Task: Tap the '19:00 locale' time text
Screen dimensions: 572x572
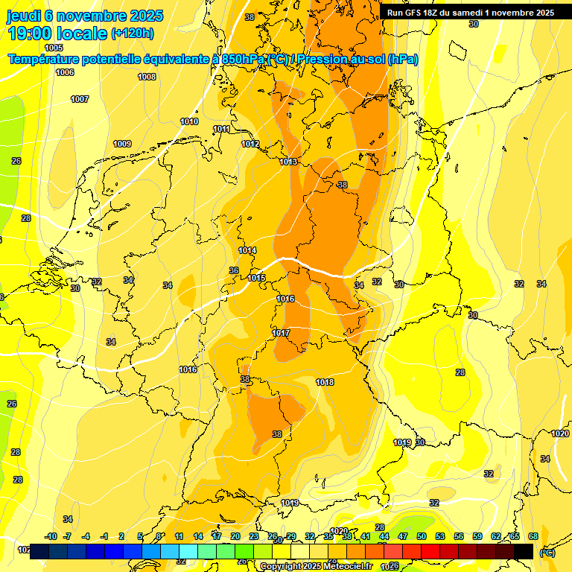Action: click(57, 34)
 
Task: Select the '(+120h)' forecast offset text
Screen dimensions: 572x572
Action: click(133, 34)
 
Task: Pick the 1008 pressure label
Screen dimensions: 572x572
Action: click(147, 77)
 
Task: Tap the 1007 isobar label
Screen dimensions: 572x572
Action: click(80, 99)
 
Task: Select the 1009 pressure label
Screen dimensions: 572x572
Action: click(122, 144)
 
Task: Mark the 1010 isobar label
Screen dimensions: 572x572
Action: click(189, 121)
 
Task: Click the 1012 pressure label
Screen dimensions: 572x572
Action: click(250, 144)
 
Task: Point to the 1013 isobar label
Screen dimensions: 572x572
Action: click(289, 162)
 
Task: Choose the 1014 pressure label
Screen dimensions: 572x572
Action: click(247, 250)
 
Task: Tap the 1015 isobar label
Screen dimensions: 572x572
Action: click(257, 278)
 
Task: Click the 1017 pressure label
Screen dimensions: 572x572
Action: click(281, 333)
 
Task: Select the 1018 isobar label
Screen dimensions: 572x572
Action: click(325, 382)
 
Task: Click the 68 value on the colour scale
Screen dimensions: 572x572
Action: click(533, 536)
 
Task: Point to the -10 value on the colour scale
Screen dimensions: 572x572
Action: click(51, 536)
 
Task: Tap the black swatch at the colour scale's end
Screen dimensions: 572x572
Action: click(524, 551)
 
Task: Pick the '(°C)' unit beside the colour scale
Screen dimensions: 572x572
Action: click(547, 552)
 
